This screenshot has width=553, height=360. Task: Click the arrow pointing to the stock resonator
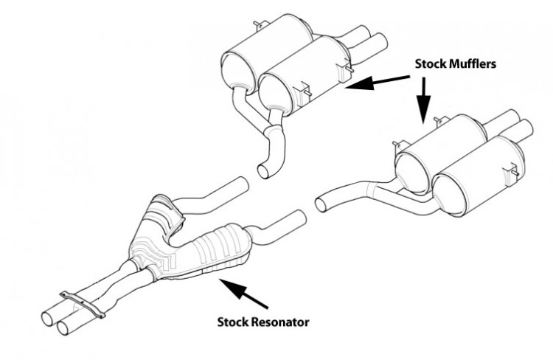[x=243, y=293]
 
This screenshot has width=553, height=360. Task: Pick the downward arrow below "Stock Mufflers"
[x=423, y=101]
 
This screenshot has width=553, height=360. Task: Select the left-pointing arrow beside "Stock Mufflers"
[x=378, y=82]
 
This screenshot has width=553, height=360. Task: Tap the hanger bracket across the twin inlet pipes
[x=83, y=303]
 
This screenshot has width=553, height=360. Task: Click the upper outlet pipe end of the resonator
[x=241, y=184]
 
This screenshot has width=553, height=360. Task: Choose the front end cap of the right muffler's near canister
[x=450, y=198]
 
